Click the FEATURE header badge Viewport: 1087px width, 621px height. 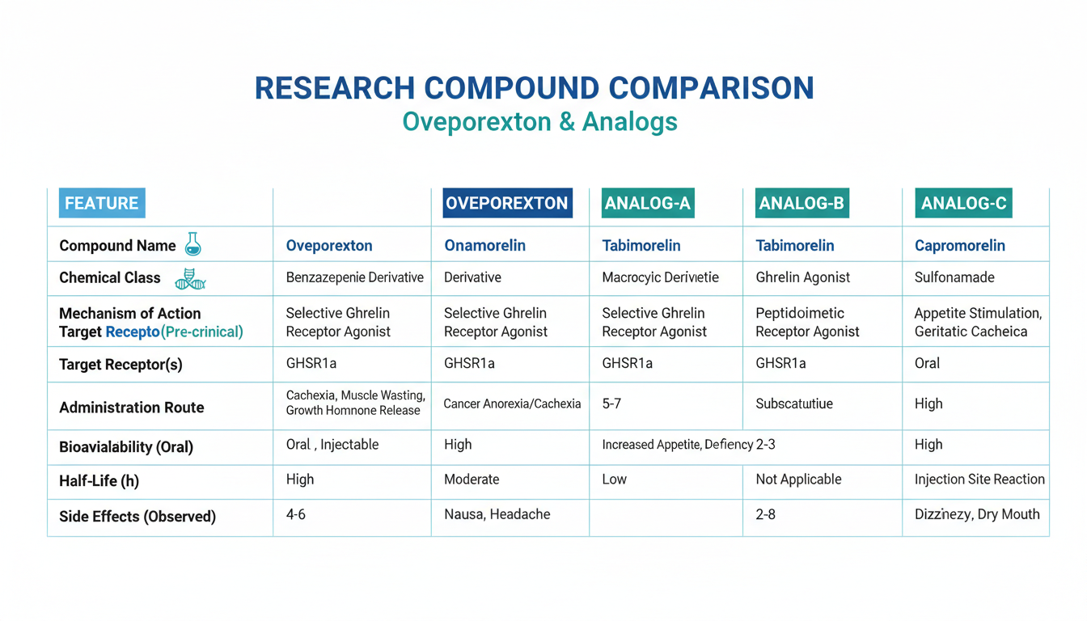102,203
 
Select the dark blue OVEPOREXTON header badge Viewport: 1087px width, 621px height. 507,203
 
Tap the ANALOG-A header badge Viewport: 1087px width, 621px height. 648,203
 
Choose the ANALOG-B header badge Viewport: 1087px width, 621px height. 802,203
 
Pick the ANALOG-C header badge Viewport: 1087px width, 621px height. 964,203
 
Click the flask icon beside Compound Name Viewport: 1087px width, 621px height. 192,243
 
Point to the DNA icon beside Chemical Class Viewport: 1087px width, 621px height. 190,279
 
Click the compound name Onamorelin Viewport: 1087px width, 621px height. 484,246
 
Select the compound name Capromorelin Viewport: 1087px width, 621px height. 960,246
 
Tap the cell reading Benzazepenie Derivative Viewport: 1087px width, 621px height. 355,277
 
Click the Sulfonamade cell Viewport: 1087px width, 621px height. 954,277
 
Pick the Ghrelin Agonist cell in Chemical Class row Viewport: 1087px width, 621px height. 802,277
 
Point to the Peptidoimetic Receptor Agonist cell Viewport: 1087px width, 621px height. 807,322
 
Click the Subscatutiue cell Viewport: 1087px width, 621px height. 794,403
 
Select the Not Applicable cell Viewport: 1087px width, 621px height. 798,479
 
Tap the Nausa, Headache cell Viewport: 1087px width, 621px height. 497,514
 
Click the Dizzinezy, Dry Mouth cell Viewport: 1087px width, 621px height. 977,514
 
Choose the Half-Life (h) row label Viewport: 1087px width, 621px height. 99,481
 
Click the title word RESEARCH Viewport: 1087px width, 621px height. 335,88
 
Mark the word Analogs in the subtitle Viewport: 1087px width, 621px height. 629,122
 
